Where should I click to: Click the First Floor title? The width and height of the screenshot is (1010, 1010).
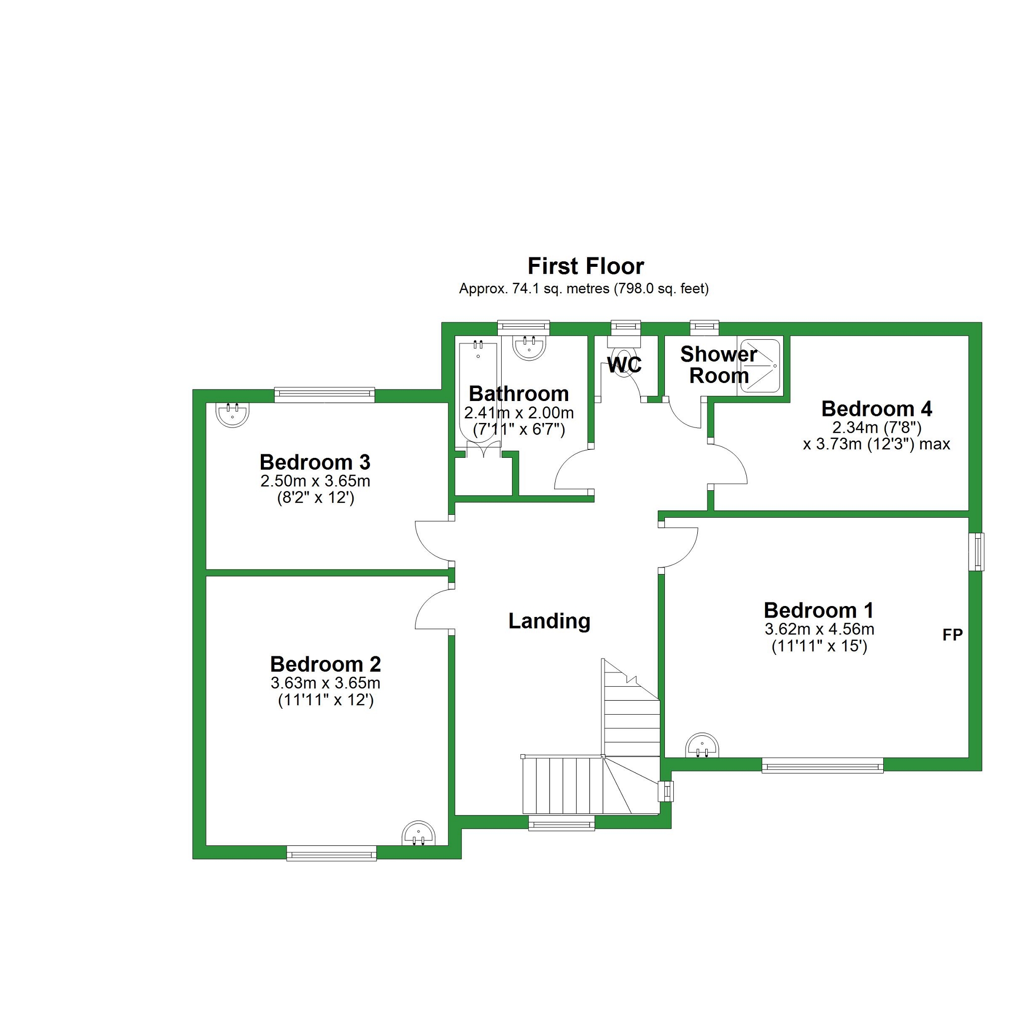point(586,266)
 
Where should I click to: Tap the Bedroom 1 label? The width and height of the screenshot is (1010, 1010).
point(818,610)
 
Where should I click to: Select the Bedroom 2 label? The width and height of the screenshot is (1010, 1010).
point(325,664)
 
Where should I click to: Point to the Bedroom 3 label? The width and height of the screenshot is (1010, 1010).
point(315,462)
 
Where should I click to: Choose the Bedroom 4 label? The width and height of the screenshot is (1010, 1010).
point(877,409)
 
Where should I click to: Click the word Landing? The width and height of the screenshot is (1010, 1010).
point(550,621)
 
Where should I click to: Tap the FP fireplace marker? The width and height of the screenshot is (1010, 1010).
point(952,634)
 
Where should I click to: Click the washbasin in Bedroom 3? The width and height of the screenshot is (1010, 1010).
point(232,414)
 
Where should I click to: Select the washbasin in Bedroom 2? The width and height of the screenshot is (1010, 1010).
point(418,833)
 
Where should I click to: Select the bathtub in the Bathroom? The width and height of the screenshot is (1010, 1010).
point(478,392)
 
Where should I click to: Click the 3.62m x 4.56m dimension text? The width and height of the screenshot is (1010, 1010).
point(819,629)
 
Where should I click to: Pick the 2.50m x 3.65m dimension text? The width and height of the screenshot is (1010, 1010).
point(315,480)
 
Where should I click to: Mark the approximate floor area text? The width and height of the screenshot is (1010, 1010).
point(584,289)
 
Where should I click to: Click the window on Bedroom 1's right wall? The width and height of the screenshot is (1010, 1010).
point(976,552)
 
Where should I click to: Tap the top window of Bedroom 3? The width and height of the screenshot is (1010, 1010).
point(325,395)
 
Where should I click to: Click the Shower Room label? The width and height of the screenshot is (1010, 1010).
point(718,365)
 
